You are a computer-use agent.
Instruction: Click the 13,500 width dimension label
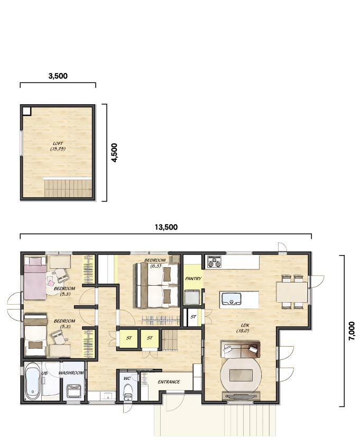pos(166,227)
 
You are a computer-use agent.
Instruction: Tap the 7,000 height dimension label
pos(352,331)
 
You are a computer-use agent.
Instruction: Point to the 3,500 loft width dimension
pos(58,76)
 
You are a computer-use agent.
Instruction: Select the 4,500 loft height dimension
pos(114,153)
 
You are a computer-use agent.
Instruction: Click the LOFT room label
pos(58,146)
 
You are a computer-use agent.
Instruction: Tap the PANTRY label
pos(193,279)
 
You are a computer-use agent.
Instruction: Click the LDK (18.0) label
pos(243,328)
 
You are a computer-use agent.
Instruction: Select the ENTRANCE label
pos(169,382)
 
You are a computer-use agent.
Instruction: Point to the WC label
pos(127,378)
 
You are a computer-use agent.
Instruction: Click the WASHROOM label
pos(71,373)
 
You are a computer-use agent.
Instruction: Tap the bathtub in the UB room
pos(32,382)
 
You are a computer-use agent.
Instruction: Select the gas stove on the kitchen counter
pos(214,262)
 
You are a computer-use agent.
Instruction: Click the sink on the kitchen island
pos(232,299)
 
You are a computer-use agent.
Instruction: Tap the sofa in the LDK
pos(241,350)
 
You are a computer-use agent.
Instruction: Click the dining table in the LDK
pos(292,292)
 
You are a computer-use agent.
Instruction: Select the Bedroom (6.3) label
pos(155,263)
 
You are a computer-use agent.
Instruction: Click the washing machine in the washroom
pos(75,391)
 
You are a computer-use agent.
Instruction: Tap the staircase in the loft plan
pos(68,188)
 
